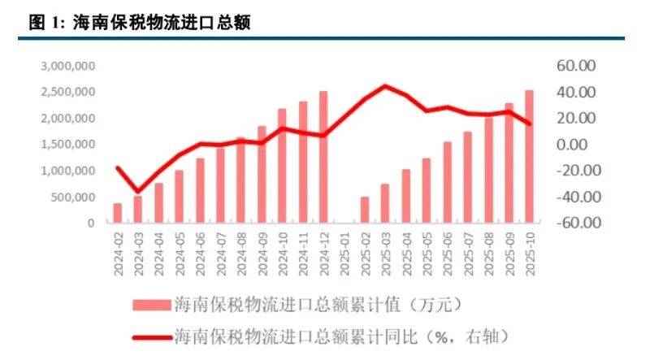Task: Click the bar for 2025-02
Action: (365, 210)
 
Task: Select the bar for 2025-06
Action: (448, 182)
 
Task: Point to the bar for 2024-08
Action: (241, 180)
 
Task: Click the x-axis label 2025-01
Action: (344, 254)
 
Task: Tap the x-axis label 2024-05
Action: (180, 254)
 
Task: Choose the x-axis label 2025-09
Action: (509, 254)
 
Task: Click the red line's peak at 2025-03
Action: (386, 85)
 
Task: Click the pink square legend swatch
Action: (149, 305)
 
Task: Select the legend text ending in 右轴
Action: (341, 332)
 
